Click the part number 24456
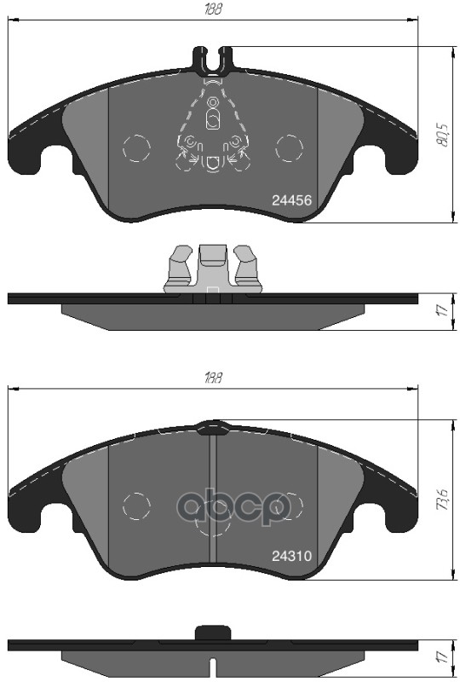click(291, 200)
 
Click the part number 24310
click(291, 555)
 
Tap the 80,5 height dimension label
click(441, 133)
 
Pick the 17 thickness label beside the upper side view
click(441, 311)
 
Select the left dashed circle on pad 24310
click(136, 505)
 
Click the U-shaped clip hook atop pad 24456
click(213, 60)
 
